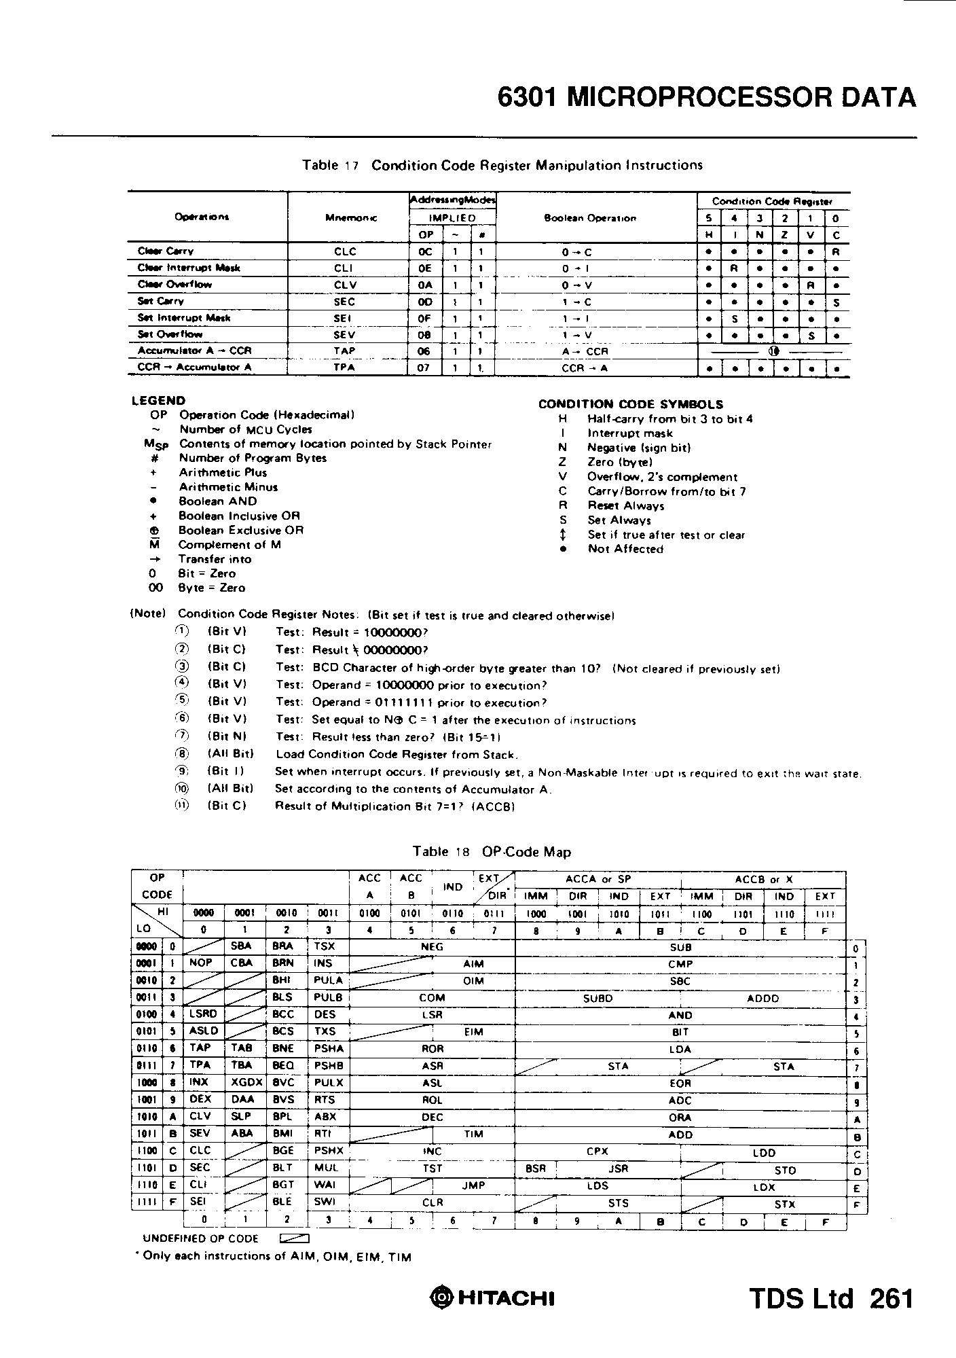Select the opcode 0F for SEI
(x=425, y=318)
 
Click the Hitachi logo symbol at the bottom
(x=441, y=1298)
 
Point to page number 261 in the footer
(x=891, y=1298)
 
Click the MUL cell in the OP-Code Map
(x=327, y=1168)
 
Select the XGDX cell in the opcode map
(x=242, y=1082)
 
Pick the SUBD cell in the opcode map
(x=597, y=998)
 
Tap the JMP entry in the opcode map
(x=473, y=1185)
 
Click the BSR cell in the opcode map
(x=536, y=1168)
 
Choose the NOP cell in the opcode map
(x=201, y=963)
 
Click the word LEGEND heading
(x=158, y=401)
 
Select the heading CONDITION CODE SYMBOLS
(x=631, y=404)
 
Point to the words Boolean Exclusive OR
(x=241, y=530)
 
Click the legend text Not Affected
(x=625, y=549)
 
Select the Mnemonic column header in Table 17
(x=352, y=218)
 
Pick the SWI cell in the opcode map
(x=325, y=1201)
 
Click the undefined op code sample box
(x=295, y=1238)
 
